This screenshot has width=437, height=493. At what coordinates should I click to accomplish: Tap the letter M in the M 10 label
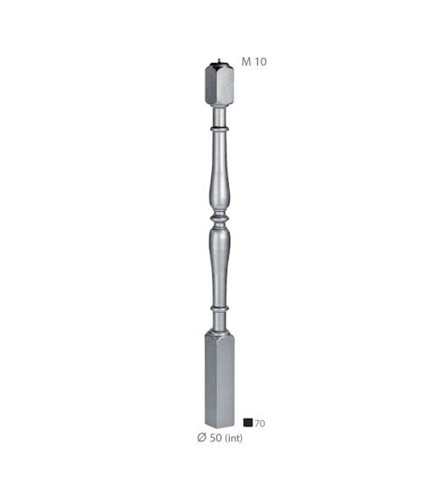(246, 62)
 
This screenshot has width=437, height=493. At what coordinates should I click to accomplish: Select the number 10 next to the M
(260, 62)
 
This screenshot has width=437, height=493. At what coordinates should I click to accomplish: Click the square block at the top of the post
(217, 88)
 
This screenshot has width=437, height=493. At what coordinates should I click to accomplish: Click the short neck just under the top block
(218, 116)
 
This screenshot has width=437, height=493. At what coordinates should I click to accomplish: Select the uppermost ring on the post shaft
(218, 130)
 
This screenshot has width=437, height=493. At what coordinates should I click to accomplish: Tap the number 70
(260, 424)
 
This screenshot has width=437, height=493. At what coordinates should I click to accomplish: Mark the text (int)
(232, 437)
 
